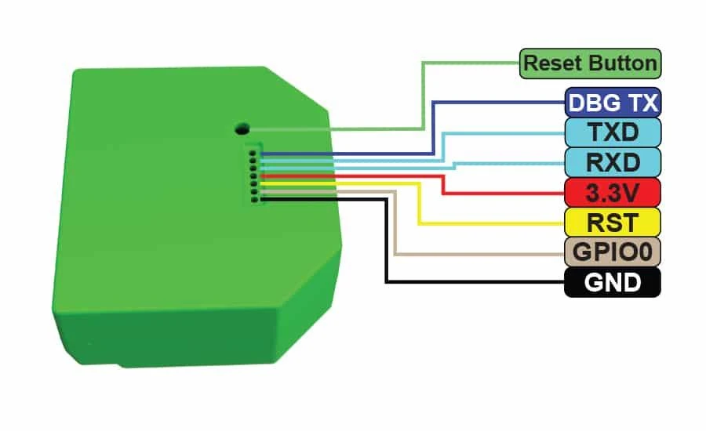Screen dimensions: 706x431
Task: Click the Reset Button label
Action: coord(590,63)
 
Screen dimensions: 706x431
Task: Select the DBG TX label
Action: coord(613,103)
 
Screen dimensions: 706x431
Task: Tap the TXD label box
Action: coord(613,132)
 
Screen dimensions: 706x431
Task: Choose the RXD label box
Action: coord(613,162)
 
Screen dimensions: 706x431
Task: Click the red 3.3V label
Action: coord(613,193)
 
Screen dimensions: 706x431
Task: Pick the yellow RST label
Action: coord(613,223)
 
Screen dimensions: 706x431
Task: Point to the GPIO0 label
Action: coord(613,252)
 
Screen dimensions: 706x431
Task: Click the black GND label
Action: coord(613,282)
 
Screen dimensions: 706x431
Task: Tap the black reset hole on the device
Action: coord(242,129)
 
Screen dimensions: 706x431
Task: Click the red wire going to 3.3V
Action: coord(443,184)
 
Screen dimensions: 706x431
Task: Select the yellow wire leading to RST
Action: coord(419,202)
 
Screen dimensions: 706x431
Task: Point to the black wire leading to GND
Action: coord(386,238)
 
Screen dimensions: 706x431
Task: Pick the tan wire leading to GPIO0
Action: coord(395,223)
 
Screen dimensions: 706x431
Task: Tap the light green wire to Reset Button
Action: coord(423,96)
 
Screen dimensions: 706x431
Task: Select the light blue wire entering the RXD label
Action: coord(454,165)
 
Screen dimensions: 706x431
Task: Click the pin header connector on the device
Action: coord(253,174)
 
